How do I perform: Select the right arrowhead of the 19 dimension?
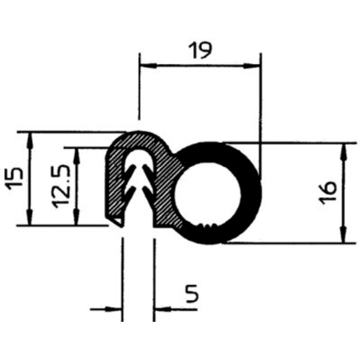click(x=252, y=66)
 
